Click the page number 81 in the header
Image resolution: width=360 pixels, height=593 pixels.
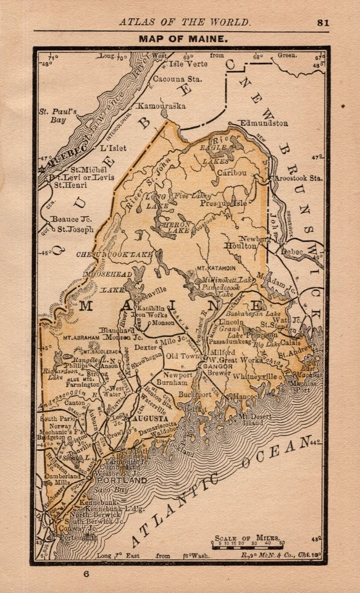click(x=323, y=22)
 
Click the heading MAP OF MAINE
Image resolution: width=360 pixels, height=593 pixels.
click(x=183, y=38)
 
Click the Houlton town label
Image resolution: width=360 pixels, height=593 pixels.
click(x=243, y=245)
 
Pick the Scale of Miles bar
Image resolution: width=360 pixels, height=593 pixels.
click(x=246, y=547)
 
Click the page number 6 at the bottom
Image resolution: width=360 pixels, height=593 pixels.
click(x=87, y=574)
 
